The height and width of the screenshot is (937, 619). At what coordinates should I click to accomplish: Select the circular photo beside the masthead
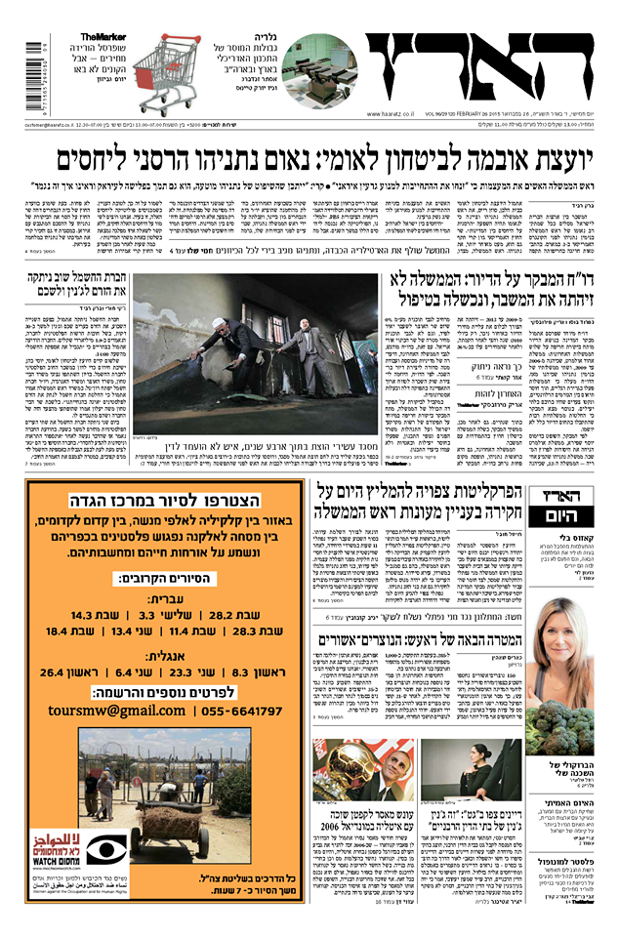click(319, 69)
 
